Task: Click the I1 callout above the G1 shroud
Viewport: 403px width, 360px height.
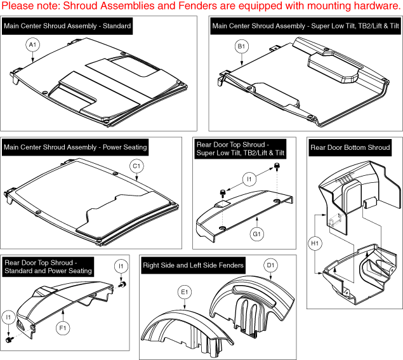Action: (249, 180)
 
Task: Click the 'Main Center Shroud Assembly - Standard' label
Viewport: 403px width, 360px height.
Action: (68, 27)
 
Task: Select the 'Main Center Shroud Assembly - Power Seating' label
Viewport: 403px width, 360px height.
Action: (76, 147)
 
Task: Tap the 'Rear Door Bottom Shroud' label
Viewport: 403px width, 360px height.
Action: (350, 148)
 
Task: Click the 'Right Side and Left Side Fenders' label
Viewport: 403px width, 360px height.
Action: (194, 265)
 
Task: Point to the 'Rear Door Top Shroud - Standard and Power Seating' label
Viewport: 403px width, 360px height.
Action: (48, 267)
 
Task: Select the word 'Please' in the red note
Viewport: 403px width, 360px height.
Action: (20, 7)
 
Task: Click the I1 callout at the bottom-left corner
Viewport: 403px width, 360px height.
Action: (9, 316)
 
